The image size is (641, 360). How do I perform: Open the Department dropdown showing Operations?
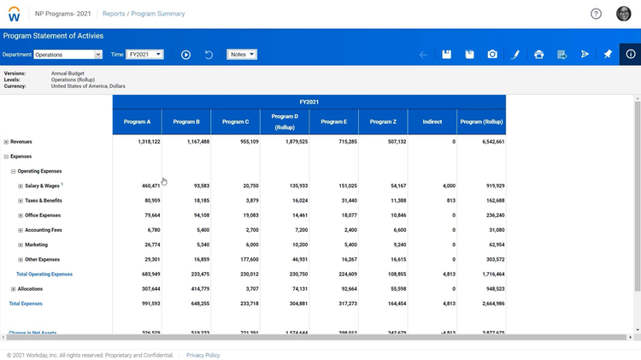point(68,55)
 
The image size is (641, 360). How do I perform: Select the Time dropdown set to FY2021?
point(144,55)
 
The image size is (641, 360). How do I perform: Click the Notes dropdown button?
point(242,55)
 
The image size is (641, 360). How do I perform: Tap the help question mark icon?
point(596,14)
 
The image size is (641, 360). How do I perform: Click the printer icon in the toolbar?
point(538,55)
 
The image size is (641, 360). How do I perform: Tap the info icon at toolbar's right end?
point(630,55)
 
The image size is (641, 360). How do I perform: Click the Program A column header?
point(137,121)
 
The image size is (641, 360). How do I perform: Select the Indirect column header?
point(432,121)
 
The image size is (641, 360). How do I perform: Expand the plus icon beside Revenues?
point(6,142)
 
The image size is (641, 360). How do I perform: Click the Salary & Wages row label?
point(42,186)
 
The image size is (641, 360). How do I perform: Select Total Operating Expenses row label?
point(44,274)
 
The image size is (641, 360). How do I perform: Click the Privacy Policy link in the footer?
point(203,355)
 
